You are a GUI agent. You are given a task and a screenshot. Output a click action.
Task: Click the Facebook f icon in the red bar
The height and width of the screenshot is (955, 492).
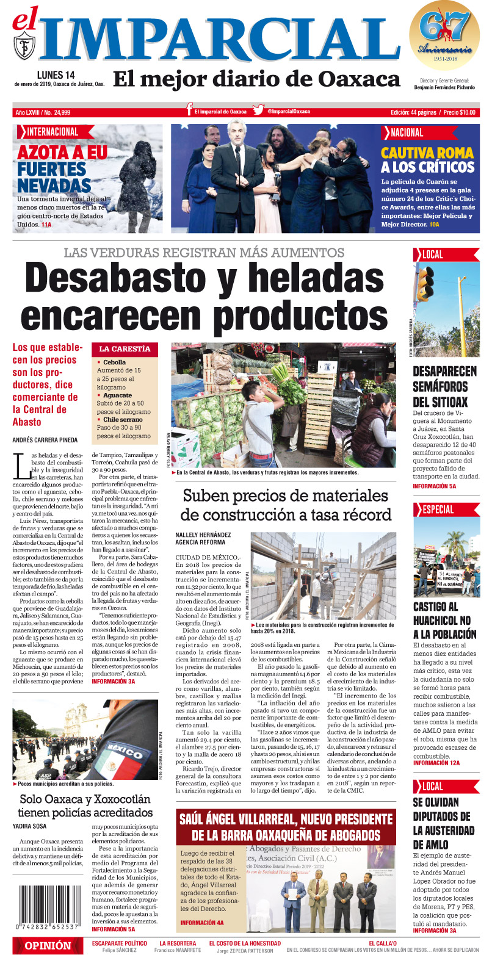click(190, 110)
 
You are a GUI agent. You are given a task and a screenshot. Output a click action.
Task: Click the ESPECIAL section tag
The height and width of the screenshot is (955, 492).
click(436, 510)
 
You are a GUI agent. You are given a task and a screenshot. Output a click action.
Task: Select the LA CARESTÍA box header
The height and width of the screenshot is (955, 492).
click(125, 349)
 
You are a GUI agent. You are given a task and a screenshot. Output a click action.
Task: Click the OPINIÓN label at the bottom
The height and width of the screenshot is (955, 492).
click(47, 945)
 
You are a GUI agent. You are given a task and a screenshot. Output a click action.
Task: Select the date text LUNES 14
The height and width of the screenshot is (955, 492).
click(56, 74)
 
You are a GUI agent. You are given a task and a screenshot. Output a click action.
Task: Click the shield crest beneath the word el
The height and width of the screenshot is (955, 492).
click(24, 45)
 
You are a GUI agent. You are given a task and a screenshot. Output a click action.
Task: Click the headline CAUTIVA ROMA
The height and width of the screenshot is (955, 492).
click(427, 153)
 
